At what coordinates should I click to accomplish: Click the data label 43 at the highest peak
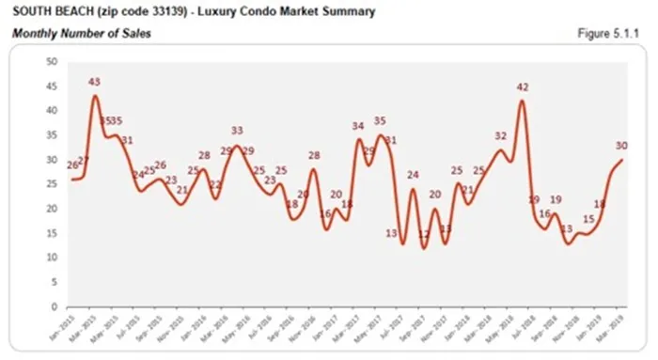point(94,83)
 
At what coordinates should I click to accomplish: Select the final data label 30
point(621,146)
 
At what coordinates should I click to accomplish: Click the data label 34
point(358,126)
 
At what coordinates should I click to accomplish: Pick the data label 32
point(501,136)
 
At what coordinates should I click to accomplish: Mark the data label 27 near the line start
point(83,161)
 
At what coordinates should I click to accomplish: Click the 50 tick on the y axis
point(52,62)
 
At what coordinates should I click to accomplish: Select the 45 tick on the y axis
point(52,86)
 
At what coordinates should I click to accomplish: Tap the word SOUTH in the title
point(29,12)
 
